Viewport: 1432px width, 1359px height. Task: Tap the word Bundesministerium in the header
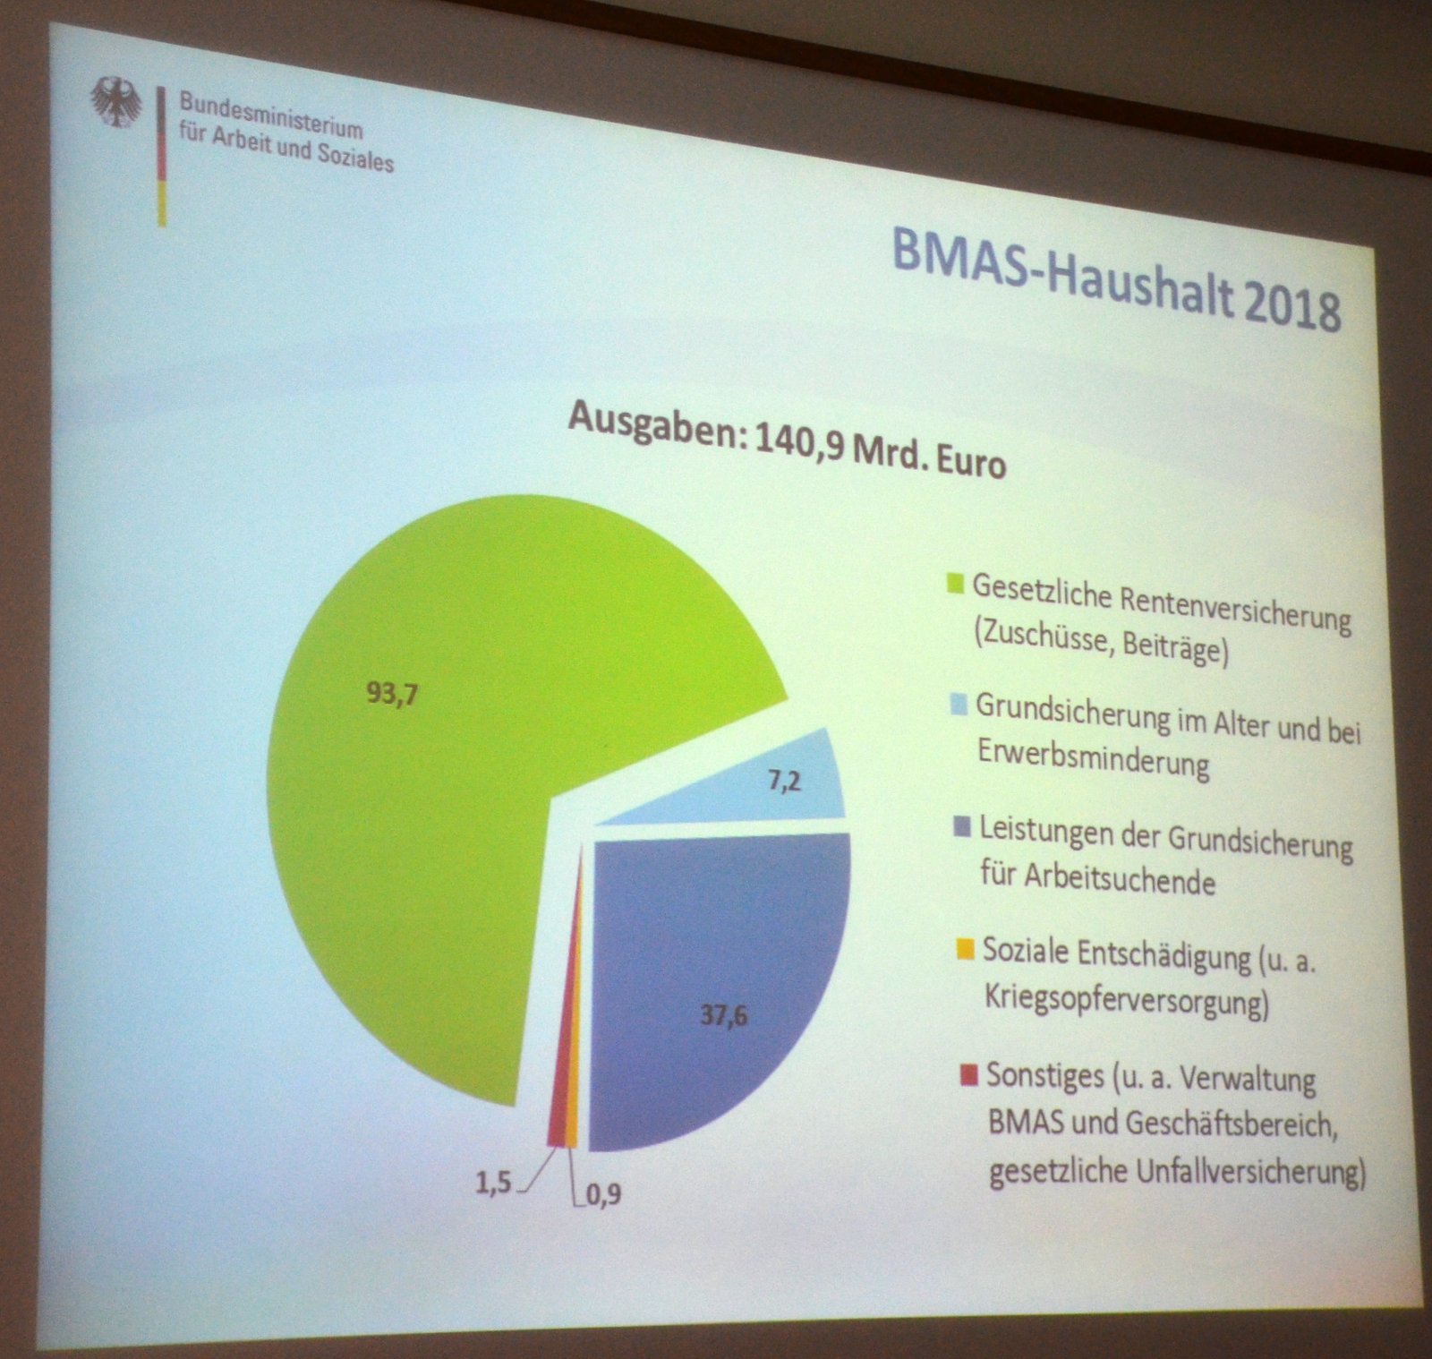point(271,115)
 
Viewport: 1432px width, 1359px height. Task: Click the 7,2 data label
point(784,782)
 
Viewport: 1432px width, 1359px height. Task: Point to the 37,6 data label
point(723,1016)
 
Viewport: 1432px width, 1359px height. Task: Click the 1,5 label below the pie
point(492,1183)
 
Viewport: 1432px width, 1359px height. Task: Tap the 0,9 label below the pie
point(604,1194)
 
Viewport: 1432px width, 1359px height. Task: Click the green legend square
point(955,584)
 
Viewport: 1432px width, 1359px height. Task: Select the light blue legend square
point(959,706)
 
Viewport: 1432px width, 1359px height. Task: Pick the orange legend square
point(965,948)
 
